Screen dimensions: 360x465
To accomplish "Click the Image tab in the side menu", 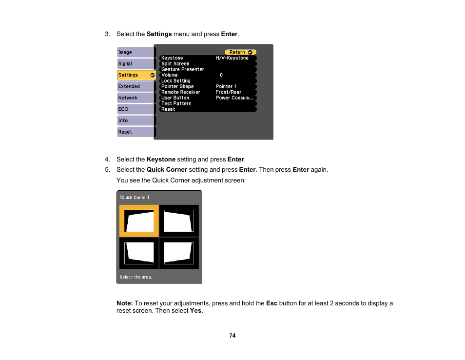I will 135,52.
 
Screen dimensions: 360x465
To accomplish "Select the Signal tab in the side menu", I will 135,63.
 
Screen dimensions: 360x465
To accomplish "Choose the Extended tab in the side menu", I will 135,86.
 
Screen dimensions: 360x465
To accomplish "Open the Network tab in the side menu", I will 135,98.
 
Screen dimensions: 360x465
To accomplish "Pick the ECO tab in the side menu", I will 135,109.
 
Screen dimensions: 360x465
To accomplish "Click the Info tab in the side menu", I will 135,120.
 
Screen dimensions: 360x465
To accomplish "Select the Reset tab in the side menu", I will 135,132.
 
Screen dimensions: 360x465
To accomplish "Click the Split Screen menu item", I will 175,64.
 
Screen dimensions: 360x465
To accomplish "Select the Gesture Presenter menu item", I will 183,69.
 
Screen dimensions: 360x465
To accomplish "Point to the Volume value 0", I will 221,75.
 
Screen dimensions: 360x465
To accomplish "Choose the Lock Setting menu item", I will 176,81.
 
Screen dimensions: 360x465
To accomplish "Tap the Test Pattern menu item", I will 176,103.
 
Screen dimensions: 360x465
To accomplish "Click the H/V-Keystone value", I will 232,58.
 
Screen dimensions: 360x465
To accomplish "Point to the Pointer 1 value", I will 226,86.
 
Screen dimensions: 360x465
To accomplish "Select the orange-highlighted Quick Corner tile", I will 139,220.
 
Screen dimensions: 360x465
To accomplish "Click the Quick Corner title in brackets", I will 135,198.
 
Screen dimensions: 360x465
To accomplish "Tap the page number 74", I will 232,336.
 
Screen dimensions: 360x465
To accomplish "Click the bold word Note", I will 124,303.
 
